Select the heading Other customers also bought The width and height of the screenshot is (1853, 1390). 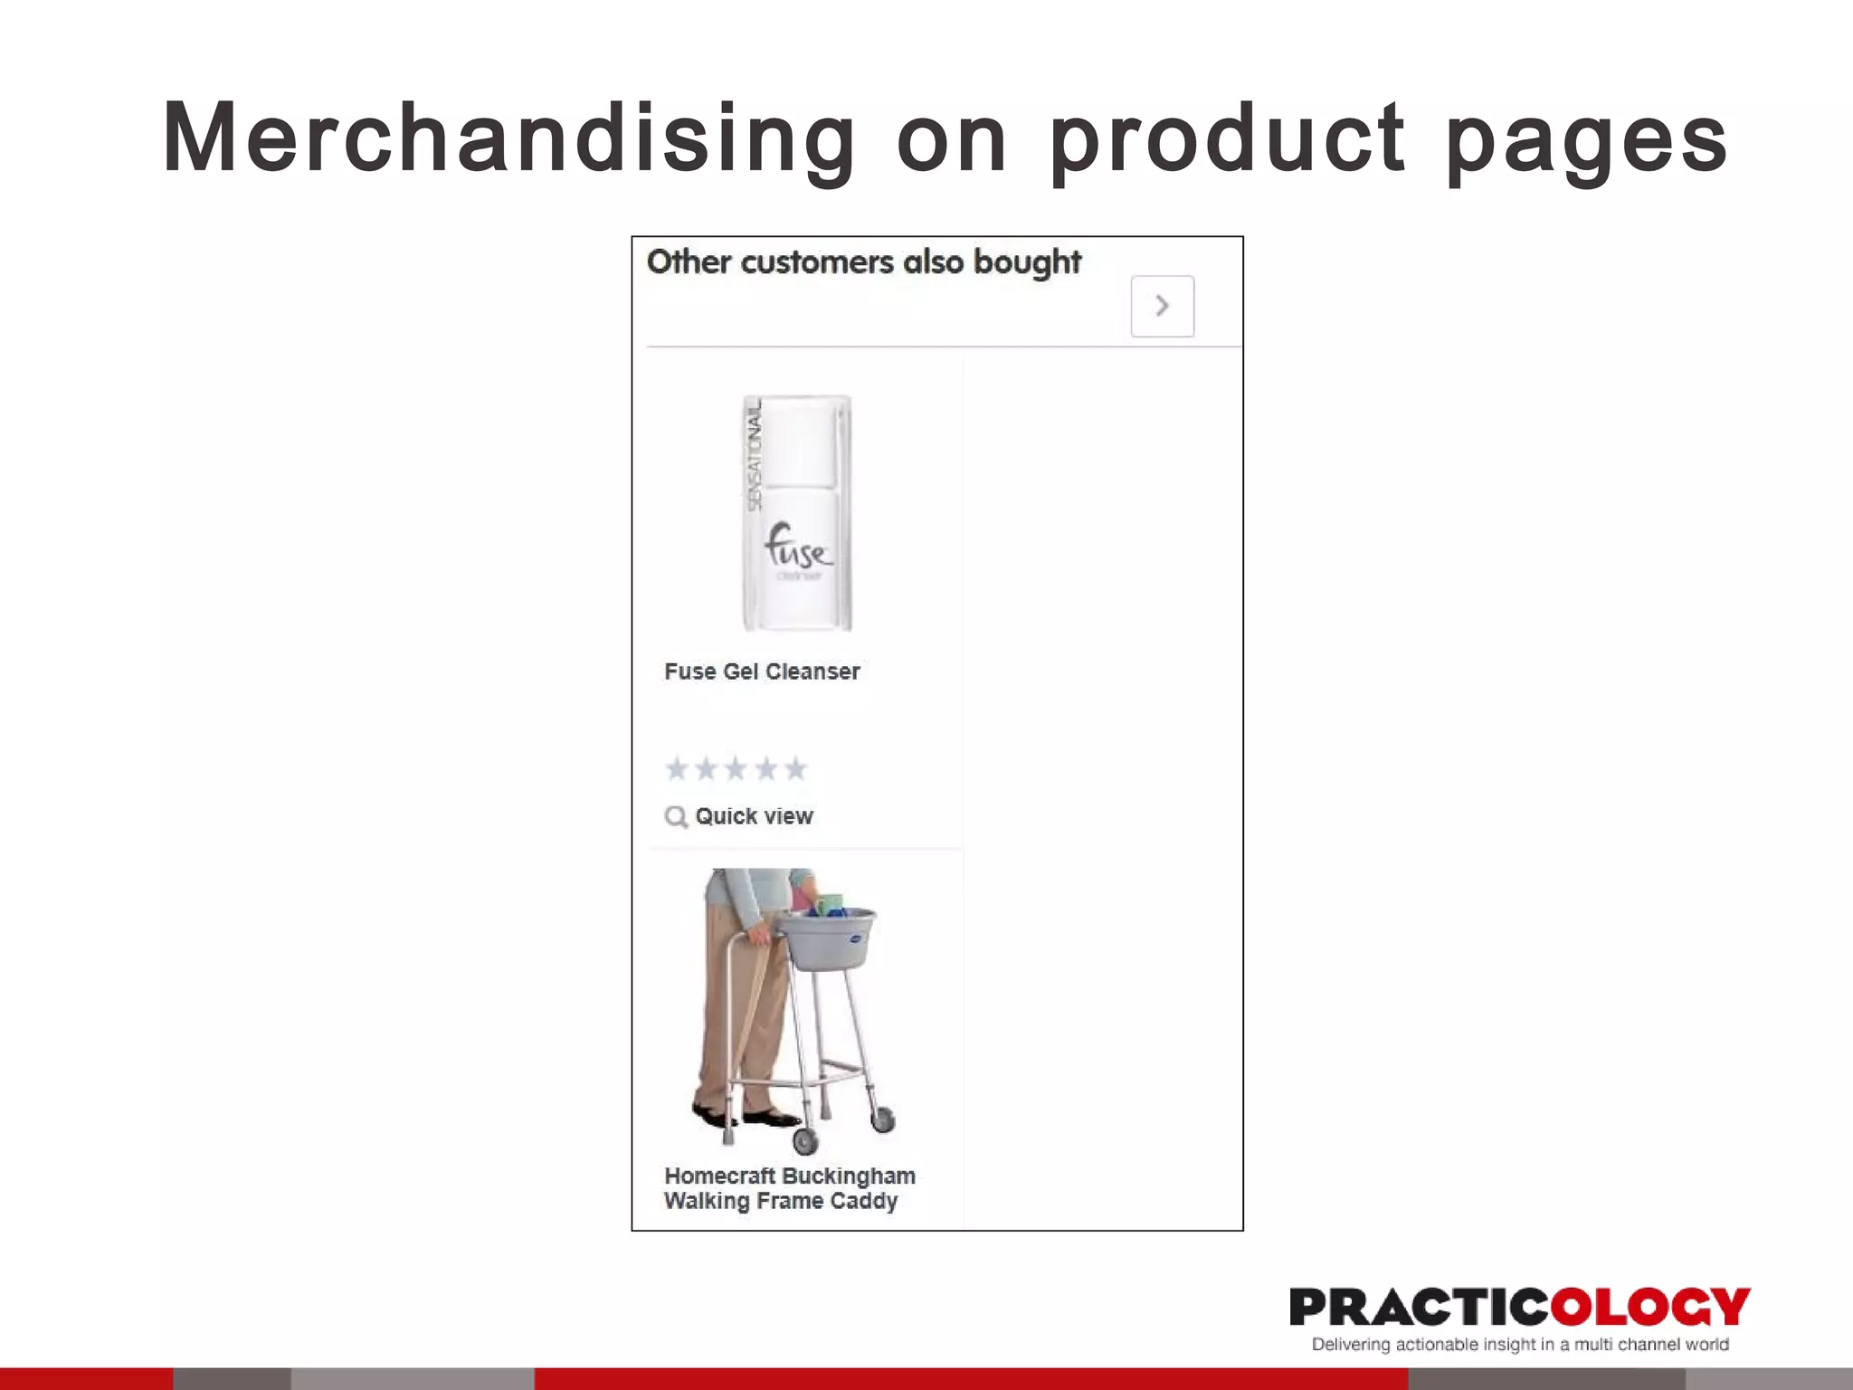coord(863,262)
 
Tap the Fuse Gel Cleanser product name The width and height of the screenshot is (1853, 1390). coord(762,671)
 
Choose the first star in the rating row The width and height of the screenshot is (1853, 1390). coord(677,769)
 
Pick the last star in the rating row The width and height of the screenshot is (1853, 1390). coord(795,769)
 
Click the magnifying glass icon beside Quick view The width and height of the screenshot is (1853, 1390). coord(676,817)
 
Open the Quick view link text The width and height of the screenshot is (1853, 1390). coord(754,816)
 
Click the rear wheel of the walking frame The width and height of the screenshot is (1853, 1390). coord(882,1119)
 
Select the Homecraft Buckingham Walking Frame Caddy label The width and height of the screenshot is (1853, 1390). coord(788,1188)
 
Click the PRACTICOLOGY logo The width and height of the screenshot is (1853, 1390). coord(1519,1307)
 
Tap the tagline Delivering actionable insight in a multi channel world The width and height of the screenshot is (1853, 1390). coord(1519,1345)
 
